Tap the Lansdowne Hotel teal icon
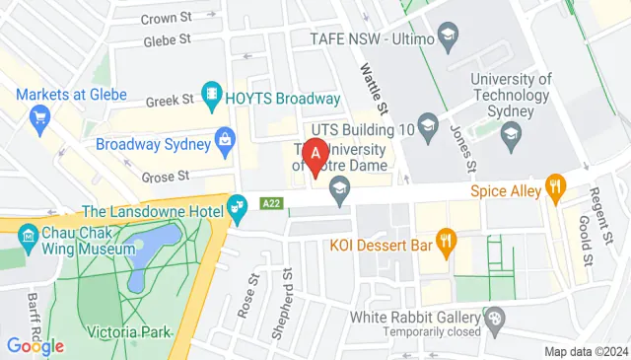[x=237, y=207]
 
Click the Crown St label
[x=165, y=18]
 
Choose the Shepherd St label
[x=288, y=295]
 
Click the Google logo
[x=35, y=345]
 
